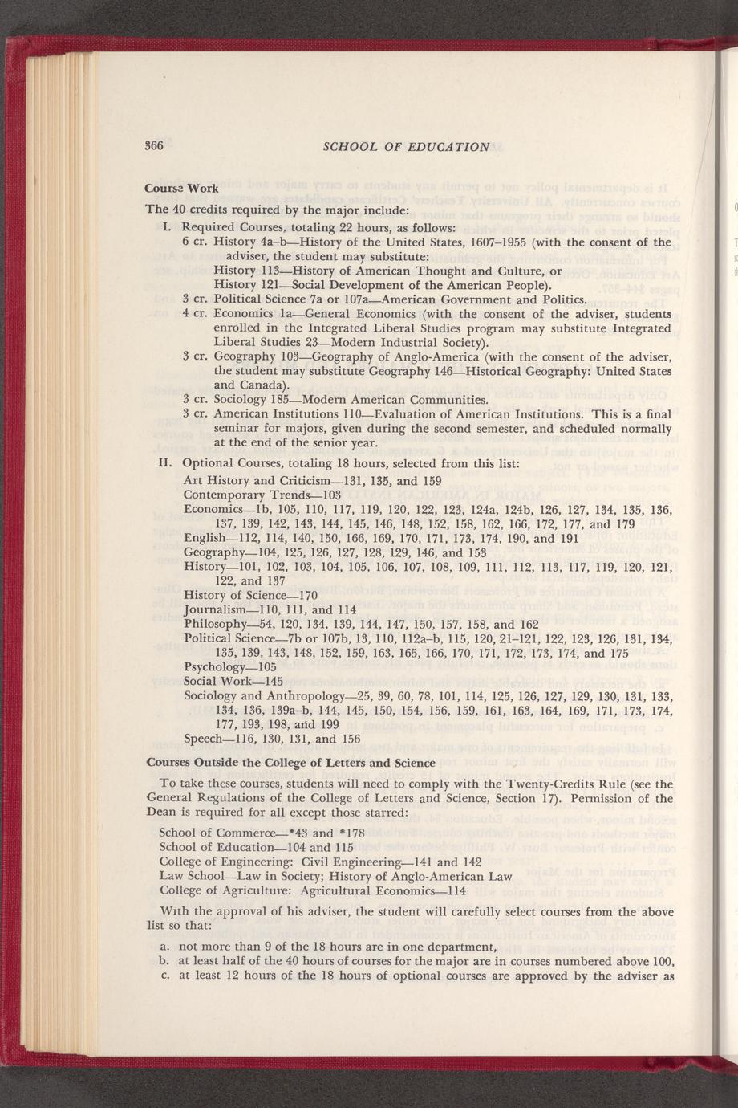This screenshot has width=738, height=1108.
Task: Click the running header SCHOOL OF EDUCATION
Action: tap(405, 146)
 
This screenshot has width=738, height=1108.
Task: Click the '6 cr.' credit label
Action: tap(196, 242)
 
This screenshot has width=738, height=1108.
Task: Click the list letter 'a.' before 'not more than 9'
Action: tap(164, 947)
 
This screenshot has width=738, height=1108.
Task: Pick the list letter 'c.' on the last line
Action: tap(164, 976)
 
